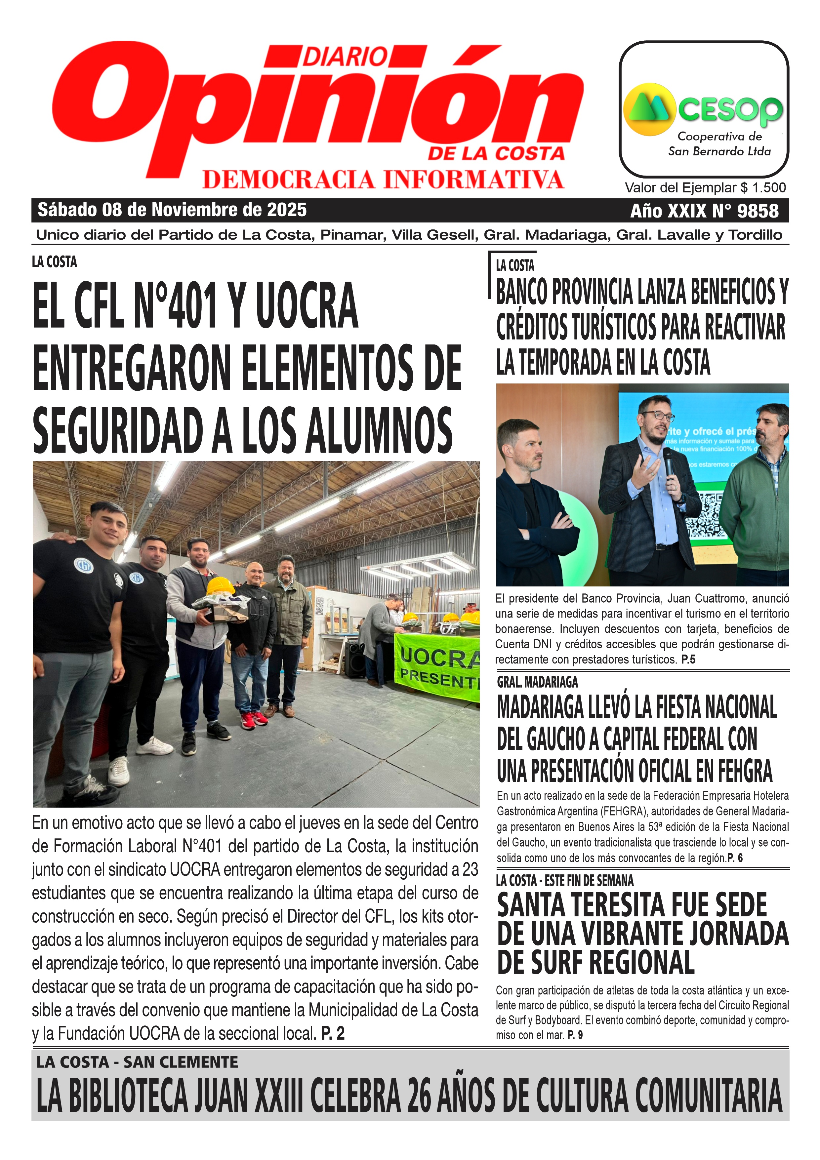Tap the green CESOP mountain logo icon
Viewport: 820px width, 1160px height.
click(649, 109)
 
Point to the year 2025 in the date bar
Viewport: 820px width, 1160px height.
click(287, 210)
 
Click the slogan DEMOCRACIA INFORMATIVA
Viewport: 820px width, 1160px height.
click(383, 180)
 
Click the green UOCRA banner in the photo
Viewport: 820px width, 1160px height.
click(437, 667)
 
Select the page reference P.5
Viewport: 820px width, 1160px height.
click(688, 659)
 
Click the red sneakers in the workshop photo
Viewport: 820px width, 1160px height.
click(254, 719)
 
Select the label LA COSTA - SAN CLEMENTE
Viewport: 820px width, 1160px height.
click(137, 1062)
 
